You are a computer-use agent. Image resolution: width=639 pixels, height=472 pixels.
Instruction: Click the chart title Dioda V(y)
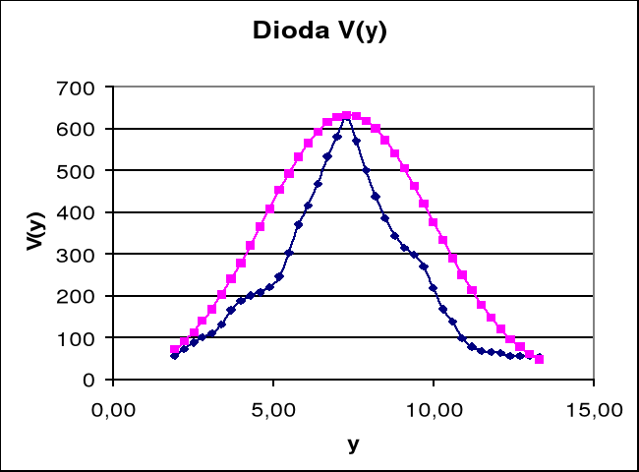(320, 30)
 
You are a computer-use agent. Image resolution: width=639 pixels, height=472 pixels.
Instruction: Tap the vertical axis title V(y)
(35, 233)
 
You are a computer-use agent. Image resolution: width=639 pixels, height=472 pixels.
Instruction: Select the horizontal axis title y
(353, 443)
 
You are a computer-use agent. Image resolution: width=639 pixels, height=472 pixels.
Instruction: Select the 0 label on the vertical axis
(89, 380)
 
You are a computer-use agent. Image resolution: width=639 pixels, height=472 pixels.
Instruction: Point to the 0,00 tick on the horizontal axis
(112, 407)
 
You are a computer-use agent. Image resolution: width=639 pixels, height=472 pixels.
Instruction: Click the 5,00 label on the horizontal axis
(273, 407)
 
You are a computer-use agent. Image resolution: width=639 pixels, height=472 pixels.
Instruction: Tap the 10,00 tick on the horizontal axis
(434, 407)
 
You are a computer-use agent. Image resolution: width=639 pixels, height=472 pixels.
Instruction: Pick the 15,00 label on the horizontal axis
(594, 407)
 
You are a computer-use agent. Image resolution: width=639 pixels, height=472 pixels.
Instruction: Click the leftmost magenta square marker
(175, 350)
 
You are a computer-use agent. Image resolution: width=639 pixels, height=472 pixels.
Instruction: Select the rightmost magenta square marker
(539, 359)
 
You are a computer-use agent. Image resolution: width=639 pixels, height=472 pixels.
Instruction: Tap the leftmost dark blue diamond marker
(174, 355)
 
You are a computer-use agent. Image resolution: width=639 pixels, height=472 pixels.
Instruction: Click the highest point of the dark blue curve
(346, 116)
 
